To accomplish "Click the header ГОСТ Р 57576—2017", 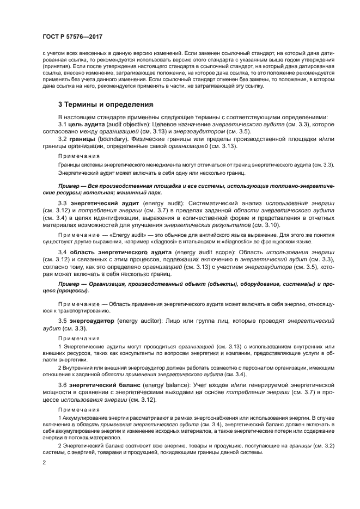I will coord(72,36).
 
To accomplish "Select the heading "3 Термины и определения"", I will coord(106,104).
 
